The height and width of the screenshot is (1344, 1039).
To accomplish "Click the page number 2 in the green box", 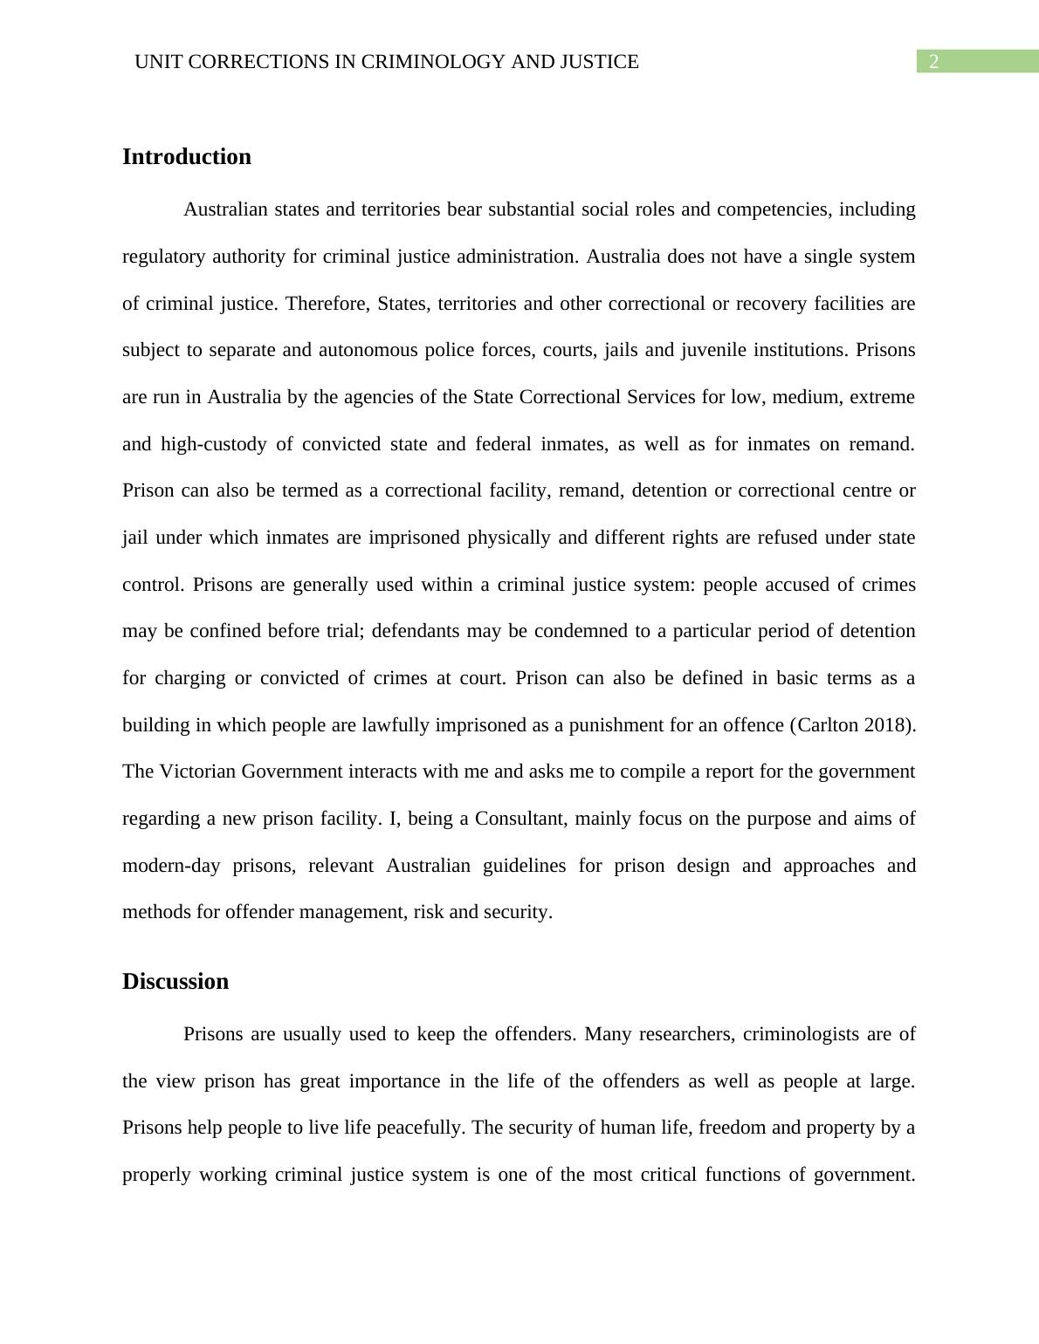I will (933, 61).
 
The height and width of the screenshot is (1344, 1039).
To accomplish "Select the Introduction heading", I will (187, 156).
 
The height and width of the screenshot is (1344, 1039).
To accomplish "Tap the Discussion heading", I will (175, 981).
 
